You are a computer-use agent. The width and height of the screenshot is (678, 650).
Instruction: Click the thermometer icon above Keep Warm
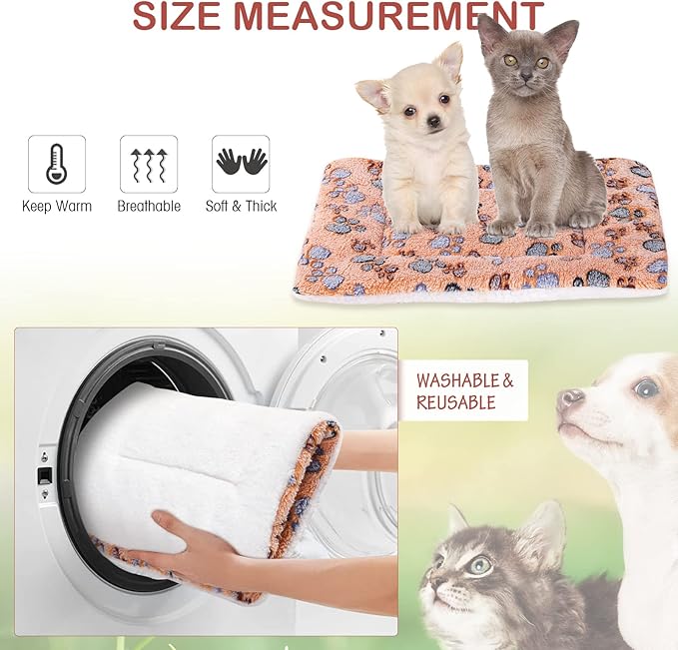pyautogui.click(x=57, y=164)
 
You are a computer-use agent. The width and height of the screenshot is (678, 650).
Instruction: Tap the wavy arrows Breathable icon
pyautogui.click(x=149, y=164)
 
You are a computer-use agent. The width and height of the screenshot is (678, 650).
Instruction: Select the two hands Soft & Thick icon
pyautogui.click(x=241, y=164)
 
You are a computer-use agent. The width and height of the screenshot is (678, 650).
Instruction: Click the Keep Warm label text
pyautogui.click(x=57, y=207)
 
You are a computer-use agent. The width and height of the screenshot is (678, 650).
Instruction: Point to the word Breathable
pyautogui.click(x=149, y=207)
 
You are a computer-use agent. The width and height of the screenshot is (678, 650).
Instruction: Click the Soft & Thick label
pyautogui.click(x=241, y=207)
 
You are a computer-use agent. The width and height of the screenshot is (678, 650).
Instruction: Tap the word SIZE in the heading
pyautogui.click(x=176, y=16)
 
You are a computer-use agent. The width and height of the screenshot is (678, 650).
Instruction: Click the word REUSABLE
pyautogui.click(x=456, y=403)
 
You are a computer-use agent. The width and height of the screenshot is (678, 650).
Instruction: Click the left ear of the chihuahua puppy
pyautogui.click(x=372, y=94)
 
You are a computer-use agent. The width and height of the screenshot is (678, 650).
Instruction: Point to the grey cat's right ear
pyautogui.click(x=561, y=38)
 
